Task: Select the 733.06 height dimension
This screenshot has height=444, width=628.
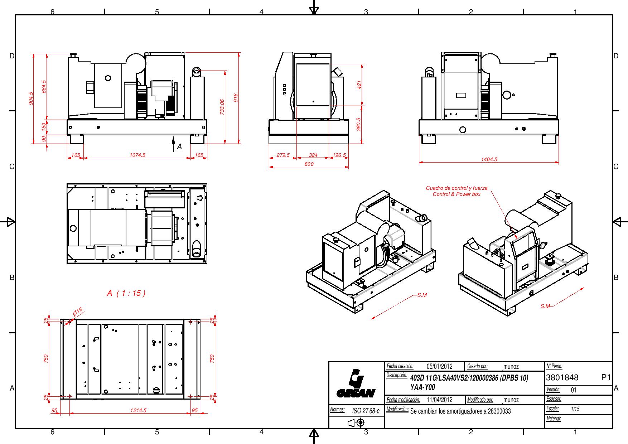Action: coord(222,107)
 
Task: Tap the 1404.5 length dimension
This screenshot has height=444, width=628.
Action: coord(489,160)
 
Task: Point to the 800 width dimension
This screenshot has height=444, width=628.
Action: coord(309,164)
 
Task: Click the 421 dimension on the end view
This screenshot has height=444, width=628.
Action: coord(359,85)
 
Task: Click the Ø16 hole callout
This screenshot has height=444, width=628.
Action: coord(77,312)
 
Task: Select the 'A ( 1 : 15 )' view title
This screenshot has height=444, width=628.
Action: coord(126,293)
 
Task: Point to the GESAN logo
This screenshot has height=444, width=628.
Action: coord(356,383)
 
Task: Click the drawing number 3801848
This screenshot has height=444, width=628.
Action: coord(562,377)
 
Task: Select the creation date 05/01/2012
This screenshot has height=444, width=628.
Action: coord(440,366)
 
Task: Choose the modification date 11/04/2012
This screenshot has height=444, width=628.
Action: coord(440,400)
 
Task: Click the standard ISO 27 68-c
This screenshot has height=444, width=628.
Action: coord(366,411)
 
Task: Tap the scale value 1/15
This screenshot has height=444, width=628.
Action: coord(575,409)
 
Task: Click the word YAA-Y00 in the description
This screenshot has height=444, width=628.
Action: coord(422,387)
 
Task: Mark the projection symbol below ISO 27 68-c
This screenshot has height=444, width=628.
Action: coord(356,423)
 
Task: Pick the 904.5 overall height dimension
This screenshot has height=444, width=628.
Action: coord(31,98)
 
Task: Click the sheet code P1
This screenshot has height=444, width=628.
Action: coord(606,377)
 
